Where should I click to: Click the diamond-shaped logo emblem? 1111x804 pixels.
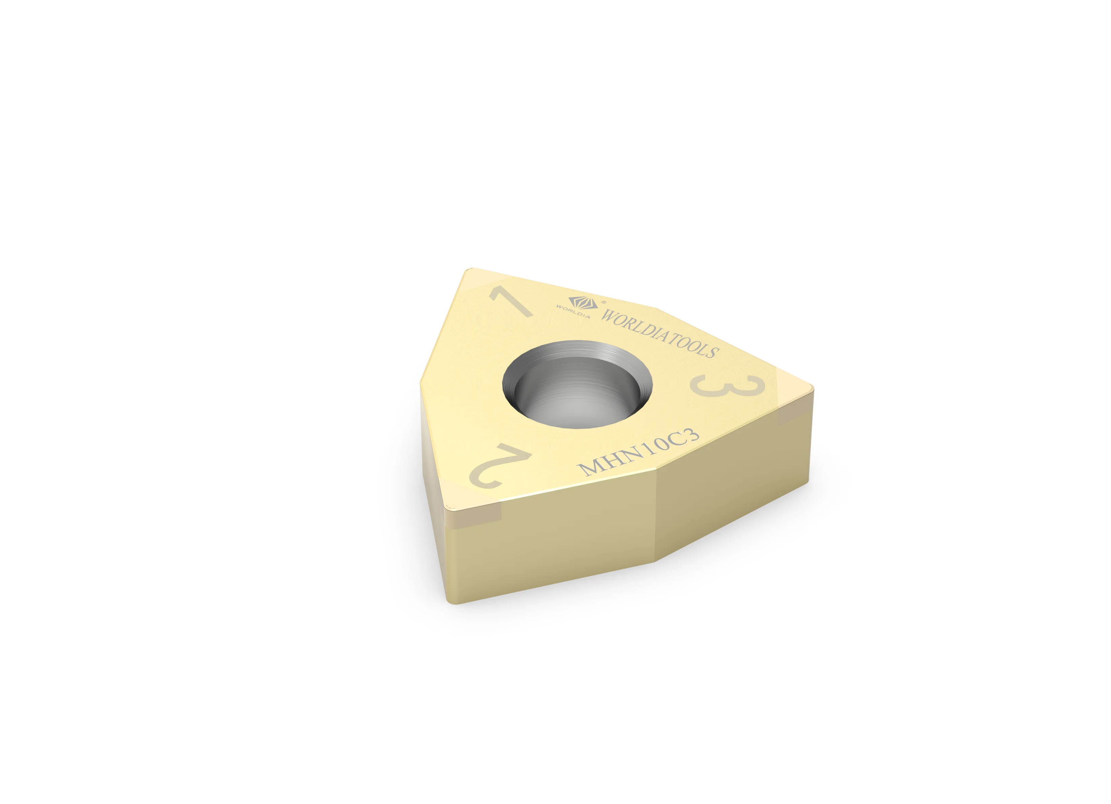(x=583, y=302)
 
